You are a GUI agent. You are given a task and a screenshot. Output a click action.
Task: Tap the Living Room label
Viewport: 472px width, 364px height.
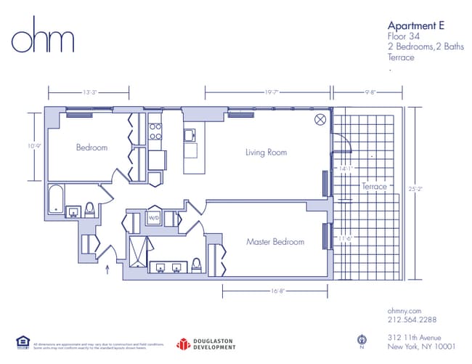pos(266,153)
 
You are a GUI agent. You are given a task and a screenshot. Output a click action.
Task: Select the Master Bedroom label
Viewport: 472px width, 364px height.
pos(274,241)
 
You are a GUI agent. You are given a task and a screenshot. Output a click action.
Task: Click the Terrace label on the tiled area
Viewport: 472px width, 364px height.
pos(375,187)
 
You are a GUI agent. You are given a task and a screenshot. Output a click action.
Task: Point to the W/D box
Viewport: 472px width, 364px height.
pos(154,218)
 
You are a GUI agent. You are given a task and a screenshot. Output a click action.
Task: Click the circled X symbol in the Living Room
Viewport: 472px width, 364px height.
pos(319,119)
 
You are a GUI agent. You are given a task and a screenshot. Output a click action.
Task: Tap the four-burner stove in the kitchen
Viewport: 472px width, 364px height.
pos(155,131)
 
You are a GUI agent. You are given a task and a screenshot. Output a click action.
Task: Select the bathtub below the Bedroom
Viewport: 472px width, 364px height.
pos(56,199)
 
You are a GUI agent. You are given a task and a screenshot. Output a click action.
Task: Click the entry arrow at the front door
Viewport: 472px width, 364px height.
pos(109,271)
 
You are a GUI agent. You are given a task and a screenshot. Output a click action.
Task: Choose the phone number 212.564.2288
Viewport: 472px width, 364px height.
pos(412,320)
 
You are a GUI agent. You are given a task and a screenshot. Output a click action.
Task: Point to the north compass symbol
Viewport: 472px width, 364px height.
pos(361,339)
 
